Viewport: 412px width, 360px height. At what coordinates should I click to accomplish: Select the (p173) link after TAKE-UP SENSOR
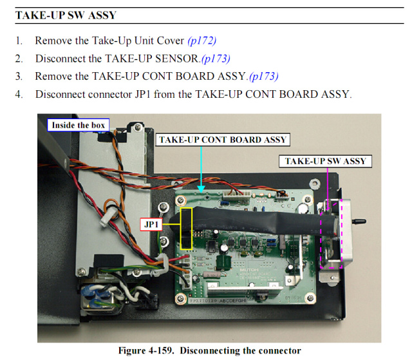tap(215, 59)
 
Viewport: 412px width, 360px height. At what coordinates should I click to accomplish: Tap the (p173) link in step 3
tap(263, 76)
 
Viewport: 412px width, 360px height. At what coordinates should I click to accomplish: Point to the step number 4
tap(19, 94)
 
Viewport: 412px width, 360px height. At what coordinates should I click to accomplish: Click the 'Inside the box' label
tap(78, 125)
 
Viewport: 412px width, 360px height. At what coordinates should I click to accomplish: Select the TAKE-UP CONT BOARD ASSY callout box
tap(223, 139)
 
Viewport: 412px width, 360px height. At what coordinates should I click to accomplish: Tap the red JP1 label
tap(151, 225)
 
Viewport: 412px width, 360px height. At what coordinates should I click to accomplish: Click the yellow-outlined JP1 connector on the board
tap(187, 229)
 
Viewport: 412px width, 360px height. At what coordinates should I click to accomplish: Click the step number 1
tap(19, 41)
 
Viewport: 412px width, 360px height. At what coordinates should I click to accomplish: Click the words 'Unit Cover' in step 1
tap(157, 41)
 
